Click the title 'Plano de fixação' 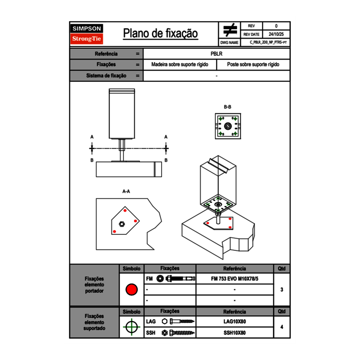click(x=160, y=34)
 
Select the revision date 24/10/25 click(x=276, y=34)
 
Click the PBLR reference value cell click(x=216, y=54)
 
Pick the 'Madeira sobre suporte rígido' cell click(x=180, y=65)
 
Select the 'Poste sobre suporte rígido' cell click(x=253, y=65)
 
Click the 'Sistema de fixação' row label click(x=106, y=76)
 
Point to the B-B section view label click(x=227, y=107)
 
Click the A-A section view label click(x=126, y=191)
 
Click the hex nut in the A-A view click(x=122, y=223)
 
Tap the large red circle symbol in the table click(x=131, y=290)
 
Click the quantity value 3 click(x=281, y=290)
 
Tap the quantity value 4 click(x=281, y=327)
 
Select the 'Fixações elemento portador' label click(x=94, y=285)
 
